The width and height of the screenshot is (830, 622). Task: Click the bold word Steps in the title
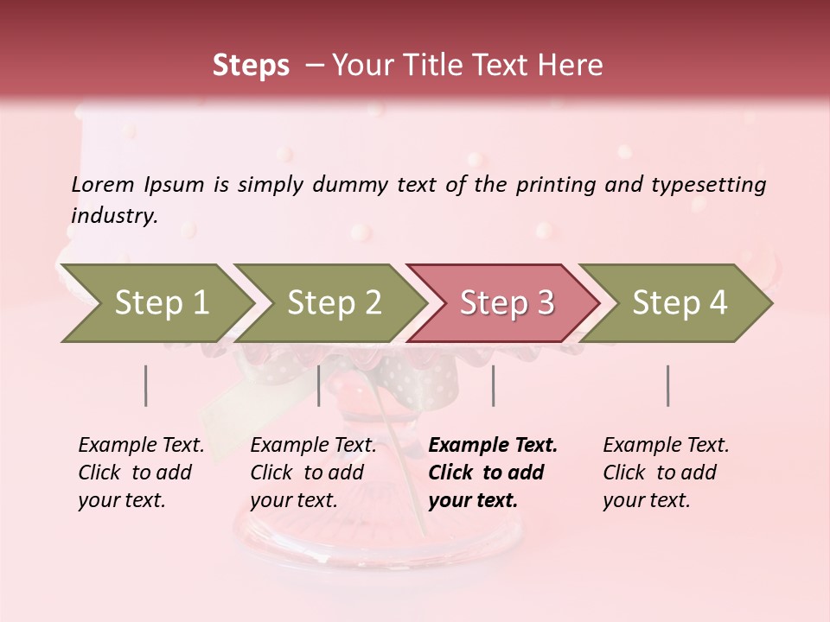click(251, 66)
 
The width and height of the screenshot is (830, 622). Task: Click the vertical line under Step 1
click(145, 385)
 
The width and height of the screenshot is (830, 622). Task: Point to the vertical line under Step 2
click(319, 385)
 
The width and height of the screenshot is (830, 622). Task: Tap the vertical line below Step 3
click(493, 385)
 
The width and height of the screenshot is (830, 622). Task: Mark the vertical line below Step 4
click(668, 385)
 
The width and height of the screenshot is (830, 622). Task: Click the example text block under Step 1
click(141, 473)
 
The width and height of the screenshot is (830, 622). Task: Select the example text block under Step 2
click(313, 473)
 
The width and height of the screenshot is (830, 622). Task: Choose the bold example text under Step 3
click(493, 473)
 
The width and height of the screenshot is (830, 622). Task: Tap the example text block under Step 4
click(666, 473)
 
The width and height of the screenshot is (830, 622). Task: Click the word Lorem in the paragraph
click(103, 184)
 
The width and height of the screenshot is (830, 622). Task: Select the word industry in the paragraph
click(114, 216)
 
